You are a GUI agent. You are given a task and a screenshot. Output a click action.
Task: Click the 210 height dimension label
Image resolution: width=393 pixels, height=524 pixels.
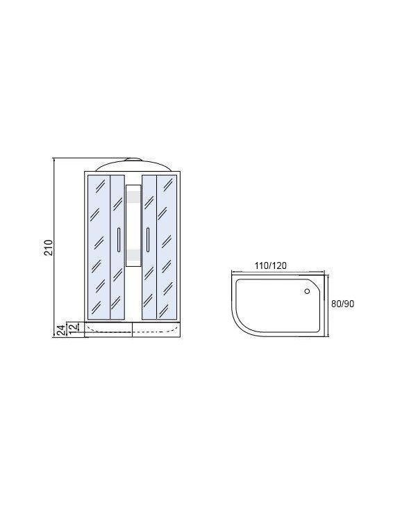pyautogui.click(x=49, y=247)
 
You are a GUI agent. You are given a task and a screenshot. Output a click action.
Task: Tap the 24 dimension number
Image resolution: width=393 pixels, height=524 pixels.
pyautogui.click(x=61, y=330)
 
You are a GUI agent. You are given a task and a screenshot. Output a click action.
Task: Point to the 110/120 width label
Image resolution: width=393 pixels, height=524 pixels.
pyautogui.click(x=271, y=265)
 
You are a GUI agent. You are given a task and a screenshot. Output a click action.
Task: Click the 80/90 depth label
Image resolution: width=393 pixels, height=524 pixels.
pyautogui.click(x=342, y=304)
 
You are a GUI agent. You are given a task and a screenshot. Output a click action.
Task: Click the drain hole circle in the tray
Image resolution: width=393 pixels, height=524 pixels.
pyautogui.click(x=307, y=291)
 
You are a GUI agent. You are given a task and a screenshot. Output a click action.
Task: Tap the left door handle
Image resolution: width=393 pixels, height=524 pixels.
pyautogui.click(x=119, y=239)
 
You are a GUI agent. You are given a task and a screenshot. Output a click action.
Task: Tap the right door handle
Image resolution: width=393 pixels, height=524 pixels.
pyautogui.click(x=148, y=239)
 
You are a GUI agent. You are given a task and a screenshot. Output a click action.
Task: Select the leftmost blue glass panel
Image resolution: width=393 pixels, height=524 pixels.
pyautogui.click(x=99, y=247)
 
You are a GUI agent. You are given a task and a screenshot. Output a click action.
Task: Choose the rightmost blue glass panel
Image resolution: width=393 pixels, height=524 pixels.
pyautogui.click(x=167, y=247)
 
